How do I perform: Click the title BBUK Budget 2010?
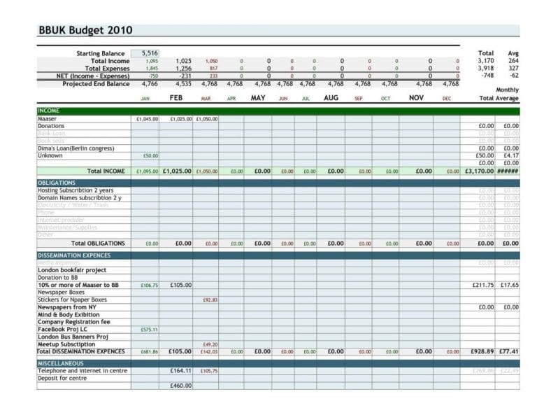[x=85, y=31]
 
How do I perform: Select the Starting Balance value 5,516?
[x=150, y=53]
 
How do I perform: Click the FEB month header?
[x=176, y=98]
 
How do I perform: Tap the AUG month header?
[x=331, y=98]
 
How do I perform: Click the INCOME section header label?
[x=49, y=111]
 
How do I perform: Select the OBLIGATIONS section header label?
[x=57, y=183]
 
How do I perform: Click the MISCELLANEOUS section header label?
[x=60, y=363]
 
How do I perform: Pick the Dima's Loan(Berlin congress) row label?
[x=76, y=148]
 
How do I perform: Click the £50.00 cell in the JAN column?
[x=150, y=155]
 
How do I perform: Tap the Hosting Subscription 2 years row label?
[x=75, y=190]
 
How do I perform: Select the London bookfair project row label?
[x=71, y=270]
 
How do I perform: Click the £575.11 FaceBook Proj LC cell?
[x=149, y=329]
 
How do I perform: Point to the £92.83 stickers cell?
[x=210, y=300]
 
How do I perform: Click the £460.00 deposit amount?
[x=180, y=386]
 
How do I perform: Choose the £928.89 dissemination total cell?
[x=482, y=351]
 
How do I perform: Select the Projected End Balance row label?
[x=96, y=84]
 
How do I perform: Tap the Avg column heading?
[x=513, y=53]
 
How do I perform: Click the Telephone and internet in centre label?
[x=83, y=371]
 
